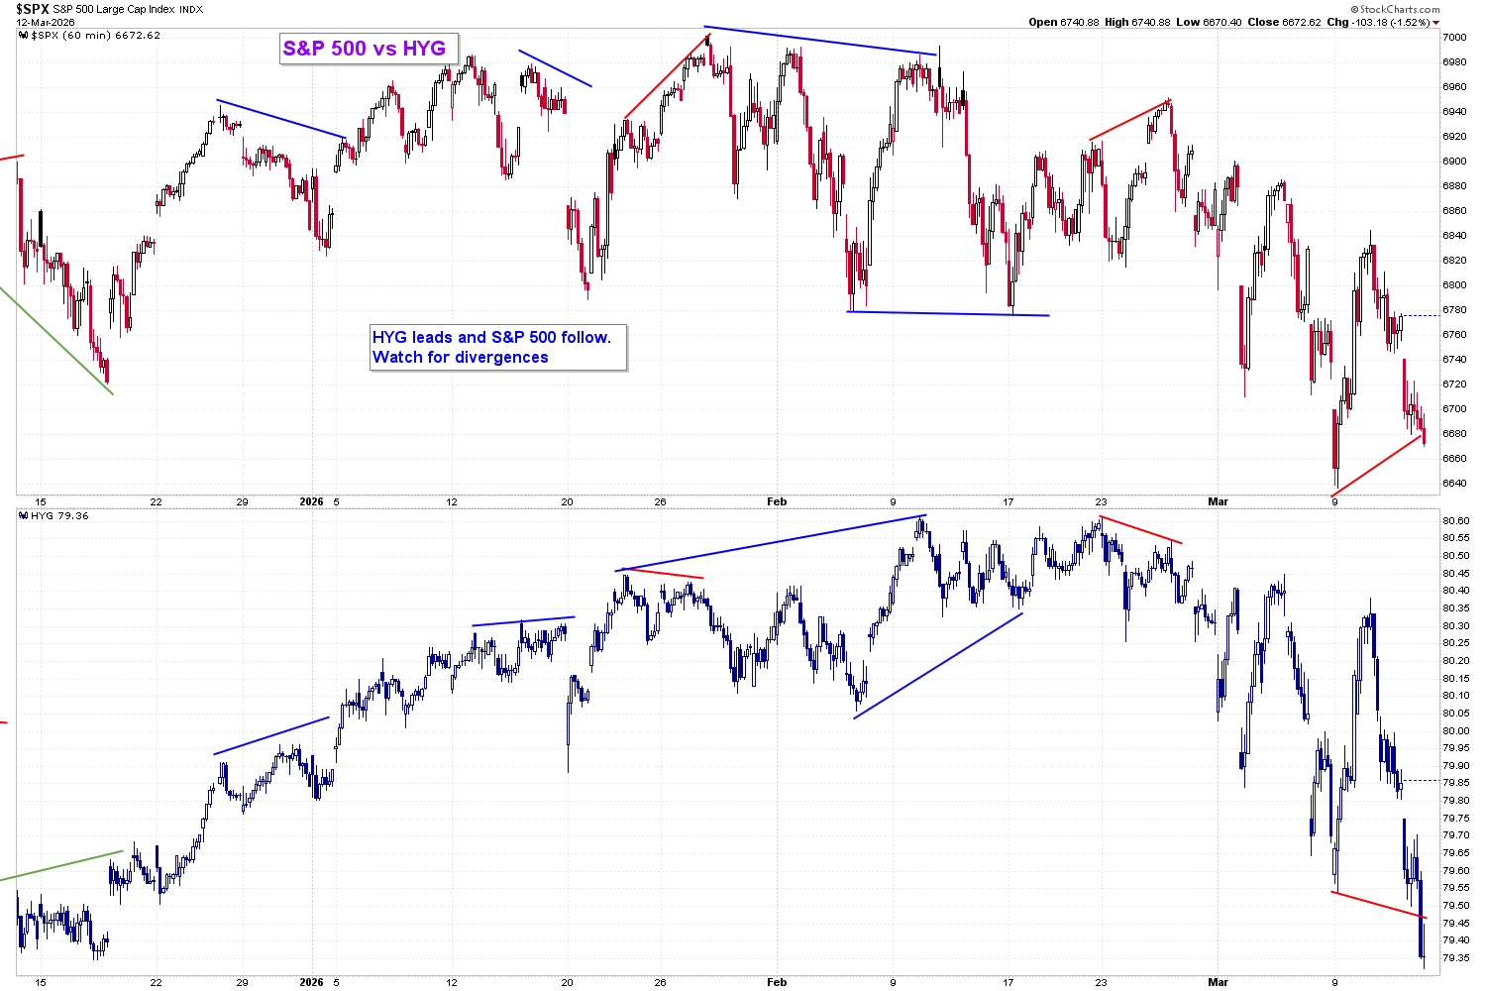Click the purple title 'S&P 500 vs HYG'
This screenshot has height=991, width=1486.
[365, 49]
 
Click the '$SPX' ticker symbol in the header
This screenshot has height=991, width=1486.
[32, 9]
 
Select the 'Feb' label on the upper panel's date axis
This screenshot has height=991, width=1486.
[776, 501]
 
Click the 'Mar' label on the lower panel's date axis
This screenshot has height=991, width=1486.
[1218, 982]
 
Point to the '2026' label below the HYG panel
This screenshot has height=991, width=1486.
[311, 982]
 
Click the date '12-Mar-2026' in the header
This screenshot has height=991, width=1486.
[46, 22]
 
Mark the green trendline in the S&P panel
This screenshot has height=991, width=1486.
[56, 341]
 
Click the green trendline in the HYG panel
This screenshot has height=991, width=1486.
[61, 865]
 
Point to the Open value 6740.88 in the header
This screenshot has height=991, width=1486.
[1080, 22]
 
